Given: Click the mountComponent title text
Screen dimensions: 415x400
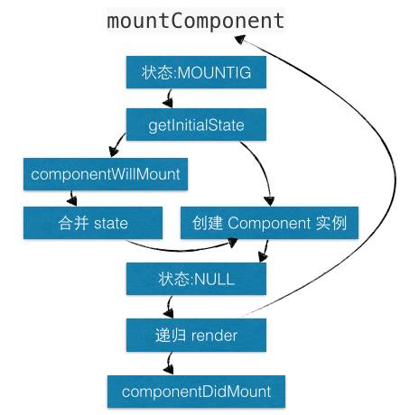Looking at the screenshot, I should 195,21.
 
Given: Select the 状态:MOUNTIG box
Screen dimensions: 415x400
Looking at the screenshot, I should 196,72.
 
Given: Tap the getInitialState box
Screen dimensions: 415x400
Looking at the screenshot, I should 196,124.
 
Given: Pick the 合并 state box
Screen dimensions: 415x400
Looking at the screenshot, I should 94,221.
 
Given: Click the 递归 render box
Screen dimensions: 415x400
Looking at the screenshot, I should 196,335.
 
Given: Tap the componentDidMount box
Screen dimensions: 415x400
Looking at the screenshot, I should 196,392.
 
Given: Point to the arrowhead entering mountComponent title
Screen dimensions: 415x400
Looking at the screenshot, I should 241,40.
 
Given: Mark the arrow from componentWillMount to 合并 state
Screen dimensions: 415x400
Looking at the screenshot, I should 71,198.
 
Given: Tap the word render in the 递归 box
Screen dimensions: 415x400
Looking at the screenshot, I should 215,335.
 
